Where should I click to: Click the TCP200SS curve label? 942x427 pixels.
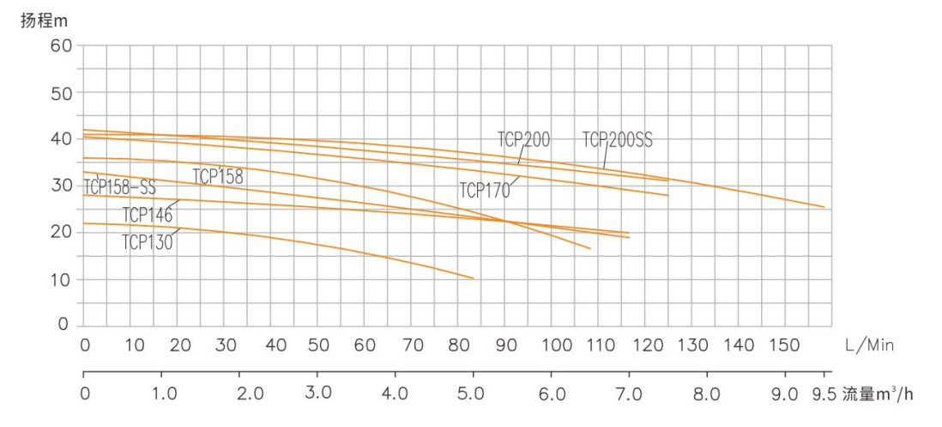click(617, 140)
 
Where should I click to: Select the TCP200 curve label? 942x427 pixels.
click(523, 140)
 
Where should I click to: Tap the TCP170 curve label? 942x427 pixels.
click(485, 191)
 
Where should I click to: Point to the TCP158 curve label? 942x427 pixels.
click(217, 177)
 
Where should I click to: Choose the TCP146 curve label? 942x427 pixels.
click(148, 215)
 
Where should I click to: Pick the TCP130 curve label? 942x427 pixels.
click(148, 242)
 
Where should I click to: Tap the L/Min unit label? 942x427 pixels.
click(870, 345)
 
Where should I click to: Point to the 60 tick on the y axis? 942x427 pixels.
click(62, 46)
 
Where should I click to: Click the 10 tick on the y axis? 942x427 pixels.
click(62, 280)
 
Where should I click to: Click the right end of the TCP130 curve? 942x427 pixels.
click(473, 278)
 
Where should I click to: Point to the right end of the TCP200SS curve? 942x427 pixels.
click(824, 207)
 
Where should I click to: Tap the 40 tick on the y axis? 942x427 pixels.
click(62, 139)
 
